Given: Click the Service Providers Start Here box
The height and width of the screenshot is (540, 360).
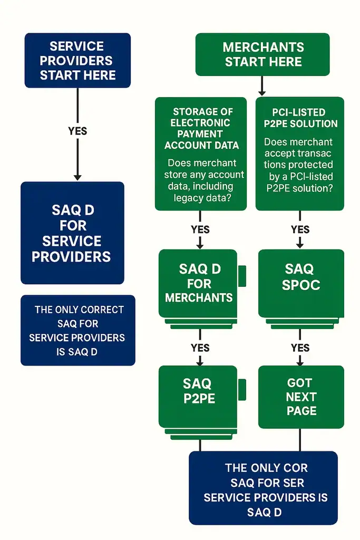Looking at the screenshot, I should click(x=77, y=61).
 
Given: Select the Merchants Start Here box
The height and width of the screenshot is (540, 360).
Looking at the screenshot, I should click(x=262, y=54).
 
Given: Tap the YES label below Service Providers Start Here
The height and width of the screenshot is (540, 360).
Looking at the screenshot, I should click(x=77, y=131).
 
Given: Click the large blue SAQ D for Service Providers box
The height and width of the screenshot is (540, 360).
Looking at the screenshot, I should click(x=72, y=233).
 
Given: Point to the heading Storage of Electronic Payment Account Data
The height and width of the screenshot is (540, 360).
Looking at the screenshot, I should click(x=201, y=128).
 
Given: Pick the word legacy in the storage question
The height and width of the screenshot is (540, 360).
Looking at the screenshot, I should click(x=189, y=198).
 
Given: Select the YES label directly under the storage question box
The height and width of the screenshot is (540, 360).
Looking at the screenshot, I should click(x=200, y=229).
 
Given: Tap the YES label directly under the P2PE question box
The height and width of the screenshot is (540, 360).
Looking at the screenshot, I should click(x=300, y=229).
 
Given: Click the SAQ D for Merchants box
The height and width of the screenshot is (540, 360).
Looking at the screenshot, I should click(x=198, y=283).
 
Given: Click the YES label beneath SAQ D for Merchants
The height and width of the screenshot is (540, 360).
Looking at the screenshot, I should click(x=200, y=348).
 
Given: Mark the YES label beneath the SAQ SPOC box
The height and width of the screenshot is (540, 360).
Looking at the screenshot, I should click(x=300, y=348).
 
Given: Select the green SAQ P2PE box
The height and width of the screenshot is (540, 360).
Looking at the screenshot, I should click(x=198, y=391).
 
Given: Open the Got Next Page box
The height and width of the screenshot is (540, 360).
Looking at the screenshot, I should click(x=301, y=397).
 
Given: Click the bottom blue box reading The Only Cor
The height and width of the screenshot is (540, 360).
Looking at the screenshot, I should click(x=262, y=488).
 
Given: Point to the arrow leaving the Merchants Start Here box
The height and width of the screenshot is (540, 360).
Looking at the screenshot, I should click(x=262, y=85).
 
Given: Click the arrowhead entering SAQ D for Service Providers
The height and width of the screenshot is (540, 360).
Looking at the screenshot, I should click(x=77, y=177).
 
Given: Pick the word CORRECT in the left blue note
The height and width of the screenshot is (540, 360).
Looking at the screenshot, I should click(x=102, y=310).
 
